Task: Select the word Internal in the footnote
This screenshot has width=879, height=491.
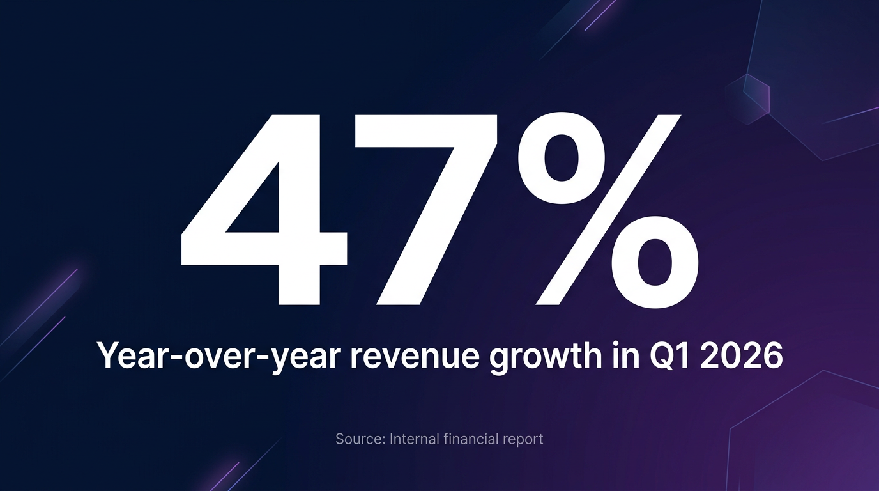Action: (414, 439)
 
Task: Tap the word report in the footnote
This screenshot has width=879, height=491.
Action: (523, 440)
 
